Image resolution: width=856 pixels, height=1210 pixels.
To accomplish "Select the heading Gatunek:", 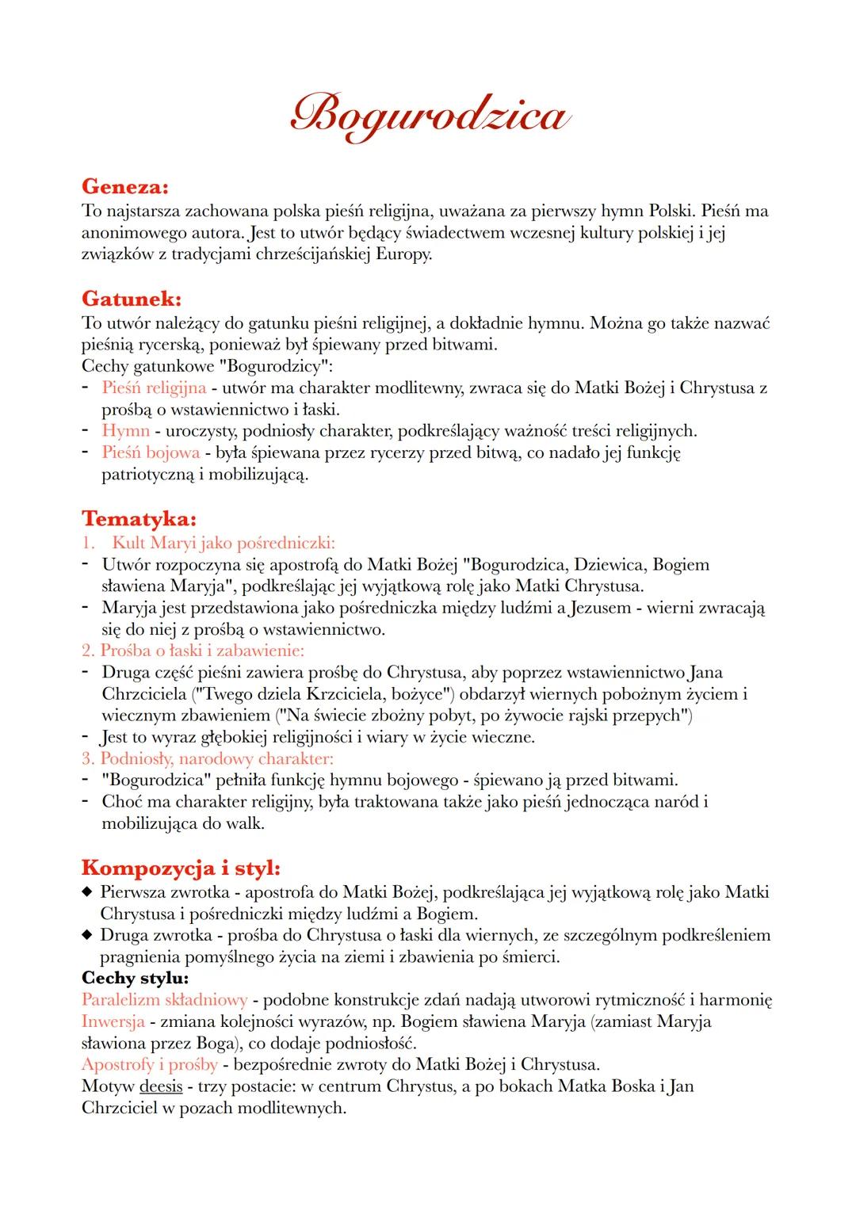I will coord(132,300).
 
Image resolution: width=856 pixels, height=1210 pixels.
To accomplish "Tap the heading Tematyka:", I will coord(139,519).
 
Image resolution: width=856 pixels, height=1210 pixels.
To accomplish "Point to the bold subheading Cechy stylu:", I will coord(135,978).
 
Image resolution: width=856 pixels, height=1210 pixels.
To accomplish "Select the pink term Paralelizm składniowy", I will coord(164,1000).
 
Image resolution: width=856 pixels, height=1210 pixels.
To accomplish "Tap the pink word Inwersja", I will coord(113,1021).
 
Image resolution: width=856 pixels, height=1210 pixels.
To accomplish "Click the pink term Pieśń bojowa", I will coord(151,452).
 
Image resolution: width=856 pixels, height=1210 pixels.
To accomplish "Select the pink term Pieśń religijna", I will coord(154,388).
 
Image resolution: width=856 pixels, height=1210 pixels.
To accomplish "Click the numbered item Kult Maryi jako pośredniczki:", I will coord(223,543).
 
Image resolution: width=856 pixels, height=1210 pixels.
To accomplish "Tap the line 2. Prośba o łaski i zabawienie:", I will coord(193,651).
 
